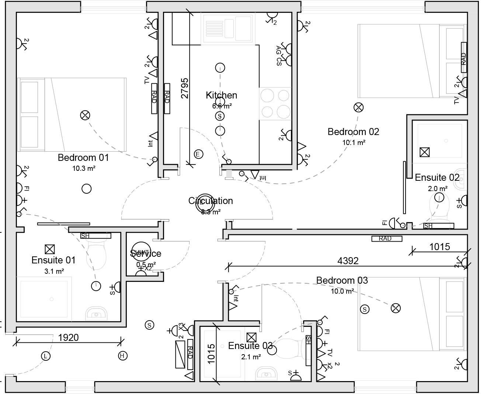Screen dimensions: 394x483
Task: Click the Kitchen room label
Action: (221, 95)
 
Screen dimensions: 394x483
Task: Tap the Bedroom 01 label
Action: (83, 158)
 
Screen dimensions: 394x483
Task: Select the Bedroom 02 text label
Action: (353, 132)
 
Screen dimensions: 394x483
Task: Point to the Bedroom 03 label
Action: (342, 280)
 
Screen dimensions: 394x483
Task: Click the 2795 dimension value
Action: (185, 88)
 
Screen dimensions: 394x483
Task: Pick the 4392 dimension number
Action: (348, 261)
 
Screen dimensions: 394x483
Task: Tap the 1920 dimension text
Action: (69, 337)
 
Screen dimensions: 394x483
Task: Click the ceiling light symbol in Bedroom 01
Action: (85, 115)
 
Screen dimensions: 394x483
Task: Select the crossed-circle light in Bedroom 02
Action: (358, 107)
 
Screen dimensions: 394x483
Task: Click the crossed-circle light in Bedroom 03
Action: (396, 308)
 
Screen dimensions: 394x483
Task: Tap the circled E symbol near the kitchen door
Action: (198, 154)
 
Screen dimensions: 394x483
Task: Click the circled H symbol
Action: (122, 356)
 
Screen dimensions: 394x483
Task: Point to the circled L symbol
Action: (45, 356)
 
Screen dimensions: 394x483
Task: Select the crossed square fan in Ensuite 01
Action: (49, 249)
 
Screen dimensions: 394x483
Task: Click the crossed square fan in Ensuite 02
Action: (425, 152)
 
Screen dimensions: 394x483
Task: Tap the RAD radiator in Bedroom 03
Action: (385, 239)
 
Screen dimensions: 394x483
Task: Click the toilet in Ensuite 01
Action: (97, 253)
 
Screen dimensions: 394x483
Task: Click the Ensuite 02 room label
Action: (437, 177)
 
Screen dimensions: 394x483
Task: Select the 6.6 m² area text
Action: (222, 106)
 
